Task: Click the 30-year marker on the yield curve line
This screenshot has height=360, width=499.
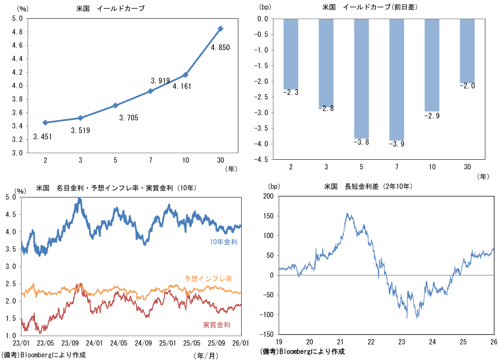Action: tap(220, 29)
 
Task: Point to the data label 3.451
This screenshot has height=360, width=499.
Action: tap(43, 136)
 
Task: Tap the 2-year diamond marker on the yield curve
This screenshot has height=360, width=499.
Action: tap(45, 122)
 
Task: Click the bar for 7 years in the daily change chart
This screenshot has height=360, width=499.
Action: tap(397, 80)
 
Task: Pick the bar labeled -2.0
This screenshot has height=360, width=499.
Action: tap(467, 51)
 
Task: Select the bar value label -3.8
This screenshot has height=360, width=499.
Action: tap(361, 142)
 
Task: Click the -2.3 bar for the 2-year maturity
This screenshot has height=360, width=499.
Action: tap(291, 54)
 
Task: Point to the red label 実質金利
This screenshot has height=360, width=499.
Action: tap(216, 325)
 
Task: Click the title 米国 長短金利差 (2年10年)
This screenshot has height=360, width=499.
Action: tap(369, 187)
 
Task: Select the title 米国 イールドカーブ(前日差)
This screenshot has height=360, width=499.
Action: tap(369, 8)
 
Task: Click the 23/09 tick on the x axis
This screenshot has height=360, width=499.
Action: tap(70, 343)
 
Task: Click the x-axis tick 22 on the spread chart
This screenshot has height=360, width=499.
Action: tap(371, 342)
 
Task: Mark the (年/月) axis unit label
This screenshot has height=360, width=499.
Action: tap(205, 355)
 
